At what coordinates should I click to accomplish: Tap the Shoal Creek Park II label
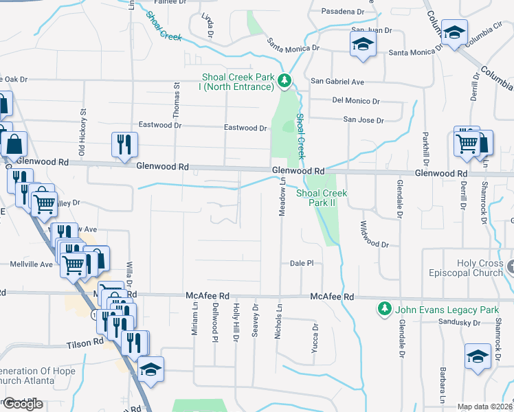322,198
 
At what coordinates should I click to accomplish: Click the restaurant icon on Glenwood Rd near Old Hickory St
124,144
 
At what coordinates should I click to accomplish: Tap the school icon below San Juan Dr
362,45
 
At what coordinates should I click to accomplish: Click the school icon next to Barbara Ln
478,357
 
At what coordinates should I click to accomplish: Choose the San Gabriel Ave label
337,81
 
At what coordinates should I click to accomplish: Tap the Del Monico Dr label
356,100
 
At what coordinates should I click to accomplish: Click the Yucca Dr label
316,334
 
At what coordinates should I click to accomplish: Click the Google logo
23,404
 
